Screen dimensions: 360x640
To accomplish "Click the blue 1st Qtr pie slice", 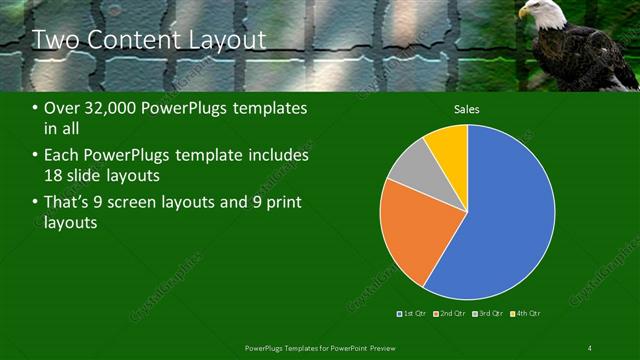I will click(505, 215).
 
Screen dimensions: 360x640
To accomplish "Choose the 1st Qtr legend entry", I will click(413, 313).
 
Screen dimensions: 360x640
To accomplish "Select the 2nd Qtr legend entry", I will click(451, 313).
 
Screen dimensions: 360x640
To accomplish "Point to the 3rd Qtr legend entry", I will click(489, 313).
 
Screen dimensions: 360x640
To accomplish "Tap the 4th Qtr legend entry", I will click(526, 313).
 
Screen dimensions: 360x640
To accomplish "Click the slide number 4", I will click(590, 347).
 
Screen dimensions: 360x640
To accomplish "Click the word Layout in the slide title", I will click(229, 40).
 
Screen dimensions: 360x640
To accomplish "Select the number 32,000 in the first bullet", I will click(109, 108).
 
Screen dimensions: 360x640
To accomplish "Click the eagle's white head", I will click(536, 11).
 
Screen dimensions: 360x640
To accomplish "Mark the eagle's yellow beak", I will click(522, 15).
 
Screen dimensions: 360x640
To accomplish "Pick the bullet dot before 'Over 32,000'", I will click(35, 108).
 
